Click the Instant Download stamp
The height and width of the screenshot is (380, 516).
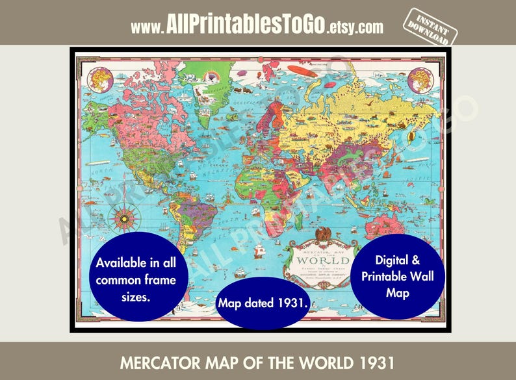pos(428,27)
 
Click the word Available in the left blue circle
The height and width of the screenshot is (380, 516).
pos(121,264)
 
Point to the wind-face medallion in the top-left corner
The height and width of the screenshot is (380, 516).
pos(99,79)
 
